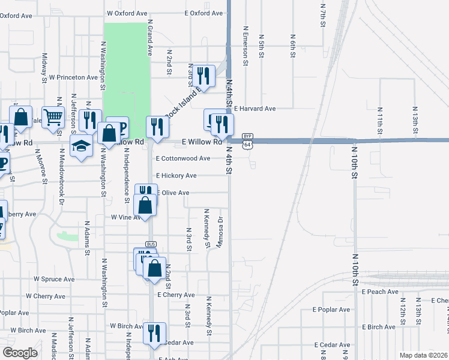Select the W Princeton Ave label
pos(73,77)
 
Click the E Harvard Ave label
pos(255,109)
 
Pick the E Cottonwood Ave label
pos(183,158)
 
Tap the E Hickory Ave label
pos(176,176)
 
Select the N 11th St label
pos(380,120)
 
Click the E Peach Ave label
pos(380,292)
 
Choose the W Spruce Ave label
pos(54,279)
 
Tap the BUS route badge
pos(151,245)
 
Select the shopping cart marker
pos(53,118)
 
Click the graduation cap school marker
pos(81,146)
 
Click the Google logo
pos(20,353)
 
